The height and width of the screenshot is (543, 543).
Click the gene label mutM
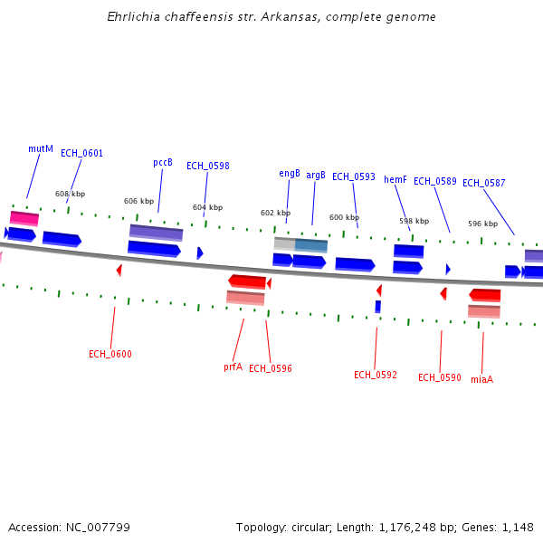coord(41,148)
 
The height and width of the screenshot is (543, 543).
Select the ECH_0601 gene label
coord(81,153)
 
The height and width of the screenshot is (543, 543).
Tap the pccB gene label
coord(163,163)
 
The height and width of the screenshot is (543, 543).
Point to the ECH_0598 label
coord(207,166)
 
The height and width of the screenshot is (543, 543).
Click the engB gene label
coord(290,174)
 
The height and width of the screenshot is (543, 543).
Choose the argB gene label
coord(316,176)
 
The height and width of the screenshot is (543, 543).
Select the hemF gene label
coord(395,180)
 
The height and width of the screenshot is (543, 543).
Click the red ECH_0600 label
coord(110,354)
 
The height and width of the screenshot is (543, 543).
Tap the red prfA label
coord(233,367)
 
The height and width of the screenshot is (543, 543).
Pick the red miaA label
coord(481,379)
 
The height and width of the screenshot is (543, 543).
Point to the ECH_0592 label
coord(376,375)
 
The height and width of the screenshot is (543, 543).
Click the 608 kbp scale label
coord(70,194)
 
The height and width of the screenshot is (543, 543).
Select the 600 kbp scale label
coord(344,217)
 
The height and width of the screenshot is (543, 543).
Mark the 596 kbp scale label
coord(482,224)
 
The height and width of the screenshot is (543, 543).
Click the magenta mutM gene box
coord(24,218)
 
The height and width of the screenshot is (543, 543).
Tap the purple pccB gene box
coord(156,233)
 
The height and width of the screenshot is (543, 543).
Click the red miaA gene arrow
coord(484,295)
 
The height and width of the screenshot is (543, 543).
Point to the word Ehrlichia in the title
coord(129,17)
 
